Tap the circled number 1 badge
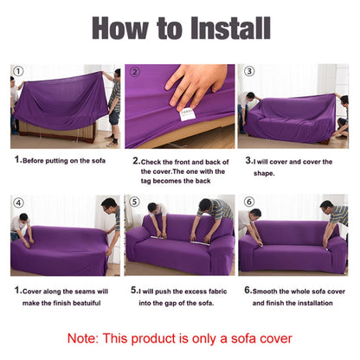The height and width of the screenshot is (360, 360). point(19,71)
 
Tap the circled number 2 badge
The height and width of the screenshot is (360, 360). point(134,71)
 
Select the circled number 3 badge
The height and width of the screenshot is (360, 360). point(249,71)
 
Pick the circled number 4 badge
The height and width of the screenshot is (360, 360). point(19,202)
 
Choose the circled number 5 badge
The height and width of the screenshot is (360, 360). point(134,202)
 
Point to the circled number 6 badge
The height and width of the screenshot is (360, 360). point(249,202)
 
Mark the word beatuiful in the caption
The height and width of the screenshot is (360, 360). point(87,303)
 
